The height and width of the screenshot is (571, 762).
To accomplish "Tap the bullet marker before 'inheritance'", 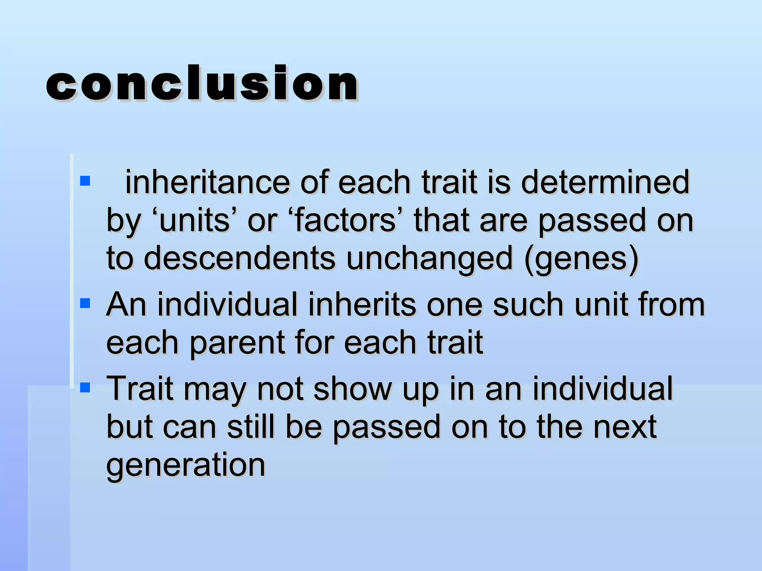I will [85, 181].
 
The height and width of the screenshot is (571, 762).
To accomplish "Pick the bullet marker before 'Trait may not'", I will [85, 388].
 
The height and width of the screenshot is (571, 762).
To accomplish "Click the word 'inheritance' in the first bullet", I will [207, 182].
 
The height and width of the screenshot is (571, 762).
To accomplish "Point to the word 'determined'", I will [605, 182].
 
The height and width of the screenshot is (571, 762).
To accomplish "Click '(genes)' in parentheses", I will [581, 259].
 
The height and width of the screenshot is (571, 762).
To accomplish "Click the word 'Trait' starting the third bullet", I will [140, 389].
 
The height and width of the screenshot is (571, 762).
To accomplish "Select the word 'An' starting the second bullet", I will [126, 305].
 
